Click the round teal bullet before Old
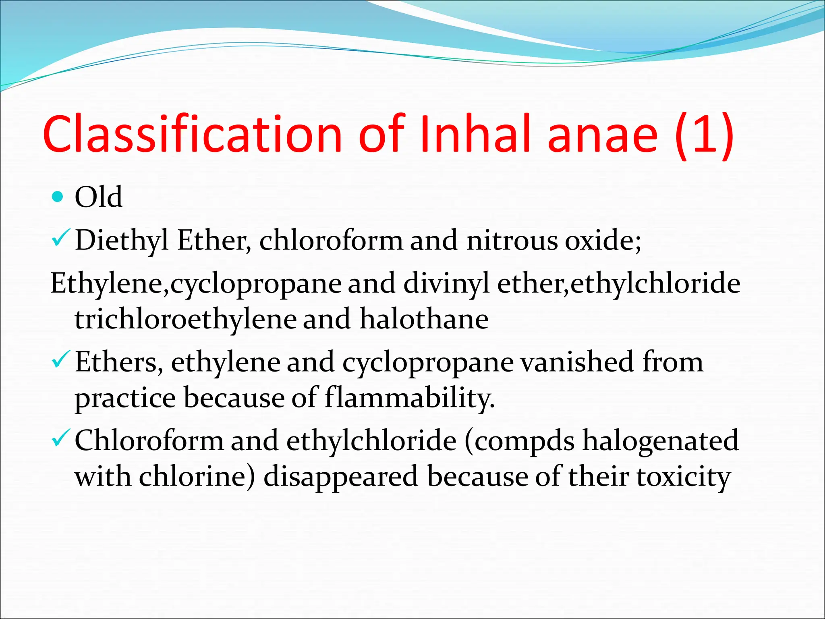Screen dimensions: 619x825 click(x=58, y=197)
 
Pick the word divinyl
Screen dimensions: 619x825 click(x=446, y=283)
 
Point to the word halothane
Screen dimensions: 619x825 click(x=424, y=319)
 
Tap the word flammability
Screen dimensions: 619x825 click(x=409, y=398)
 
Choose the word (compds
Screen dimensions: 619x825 click(x=520, y=441)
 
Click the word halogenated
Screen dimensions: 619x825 click(x=661, y=441)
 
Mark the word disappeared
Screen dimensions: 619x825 click(x=341, y=477)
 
